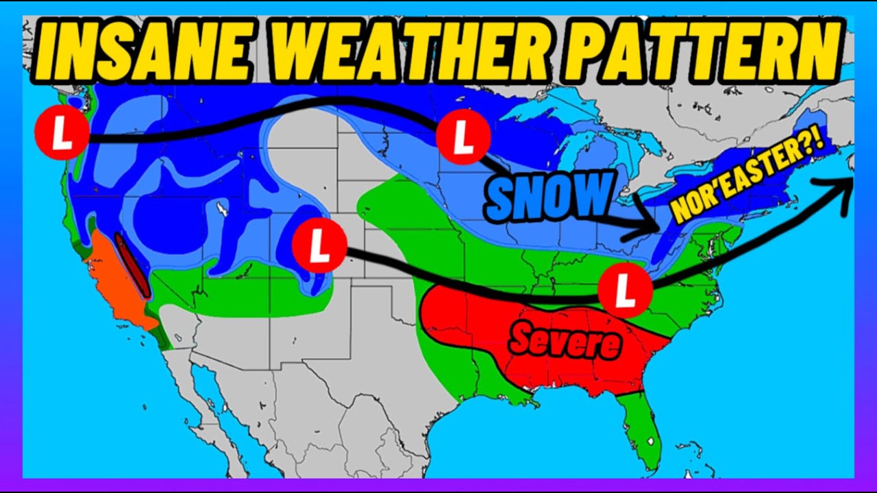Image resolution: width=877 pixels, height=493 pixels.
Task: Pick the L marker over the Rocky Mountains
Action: click(319, 245)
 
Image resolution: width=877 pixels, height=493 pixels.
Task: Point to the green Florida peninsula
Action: click(641, 428)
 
